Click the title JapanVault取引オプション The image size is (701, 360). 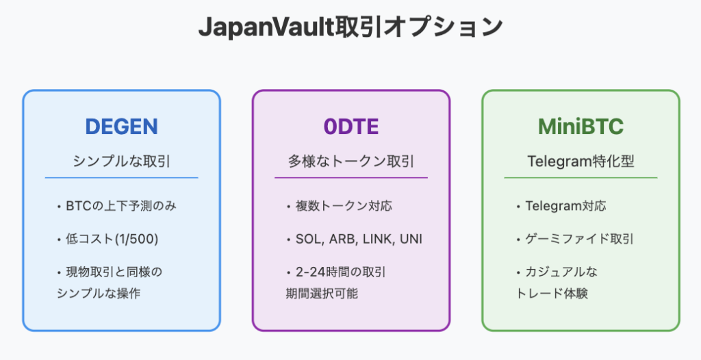click(350, 28)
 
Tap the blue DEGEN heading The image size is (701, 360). click(121, 127)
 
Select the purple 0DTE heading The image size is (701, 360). click(350, 127)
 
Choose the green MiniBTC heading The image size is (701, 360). click(581, 127)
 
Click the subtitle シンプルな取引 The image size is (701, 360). click(121, 162)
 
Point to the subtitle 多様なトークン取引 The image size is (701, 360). click(350, 162)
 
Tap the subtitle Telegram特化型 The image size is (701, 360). click(581, 162)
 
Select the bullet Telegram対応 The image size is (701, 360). click(565, 205)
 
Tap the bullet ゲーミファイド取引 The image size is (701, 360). click(579, 239)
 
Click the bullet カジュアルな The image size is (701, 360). click(561, 272)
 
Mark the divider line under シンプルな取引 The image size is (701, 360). click(121, 178)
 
